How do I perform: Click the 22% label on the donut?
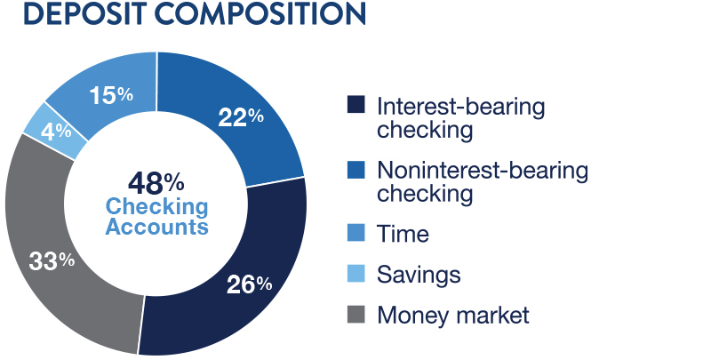pyautogui.click(x=241, y=117)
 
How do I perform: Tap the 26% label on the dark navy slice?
pyautogui.click(x=250, y=284)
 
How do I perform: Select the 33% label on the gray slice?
pyautogui.click(x=52, y=261)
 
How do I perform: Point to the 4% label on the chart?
pyautogui.click(x=56, y=132)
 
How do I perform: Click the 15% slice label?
pyautogui.click(x=111, y=95)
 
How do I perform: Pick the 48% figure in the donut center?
pyautogui.click(x=156, y=183)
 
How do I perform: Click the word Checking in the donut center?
pyautogui.click(x=157, y=207)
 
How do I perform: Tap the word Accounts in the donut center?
pyautogui.click(x=157, y=227)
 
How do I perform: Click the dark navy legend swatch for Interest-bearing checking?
pyautogui.click(x=356, y=104)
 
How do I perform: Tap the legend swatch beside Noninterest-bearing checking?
pyautogui.click(x=356, y=170)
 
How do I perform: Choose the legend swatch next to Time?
pyautogui.click(x=356, y=233)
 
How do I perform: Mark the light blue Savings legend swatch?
pyautogui.click(x=356, y=274)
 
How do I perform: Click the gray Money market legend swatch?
pyautogui.click(x=356, y=314)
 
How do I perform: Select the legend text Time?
pyautogui.click(x=403, y=234)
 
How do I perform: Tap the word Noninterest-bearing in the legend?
pyautogui.click(x=483, y=172)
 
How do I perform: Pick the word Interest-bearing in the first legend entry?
pyautogui.click(x=460, y=108)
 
